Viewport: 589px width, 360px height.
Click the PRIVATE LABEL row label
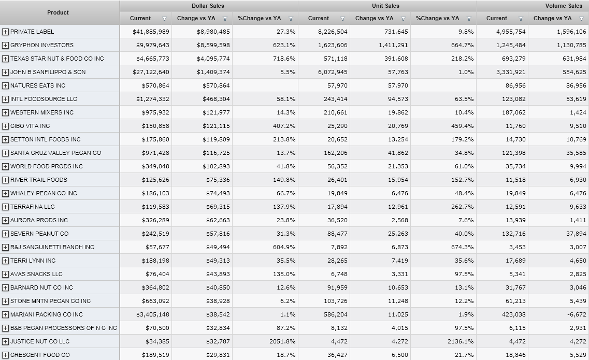[x=32, y=32]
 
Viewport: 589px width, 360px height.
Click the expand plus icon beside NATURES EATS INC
[x=5, y=85]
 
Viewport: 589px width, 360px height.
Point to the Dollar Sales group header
[x=208, y=6]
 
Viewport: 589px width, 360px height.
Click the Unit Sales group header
[x=385, y=6]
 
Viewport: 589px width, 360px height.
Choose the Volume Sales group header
[x=563, y=6]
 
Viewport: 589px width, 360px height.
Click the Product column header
[x=58, y=12]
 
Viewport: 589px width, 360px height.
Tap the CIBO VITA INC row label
[x=30, y=126]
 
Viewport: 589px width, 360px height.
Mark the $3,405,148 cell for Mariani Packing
[x=153, y=314]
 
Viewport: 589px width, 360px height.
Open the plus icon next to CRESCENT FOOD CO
[x=5, y=355]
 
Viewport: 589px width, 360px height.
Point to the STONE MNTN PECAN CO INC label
[x=50, y=301]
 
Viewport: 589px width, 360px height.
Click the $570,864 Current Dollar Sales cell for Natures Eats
[x=155, y=85]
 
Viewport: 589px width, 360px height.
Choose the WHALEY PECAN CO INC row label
[x=44, y=193]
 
